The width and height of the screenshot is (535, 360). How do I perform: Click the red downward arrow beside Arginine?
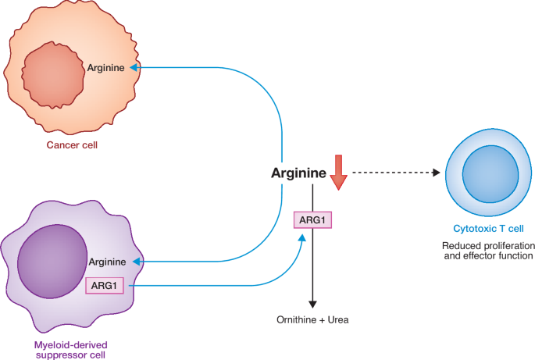click(x=337, y=173)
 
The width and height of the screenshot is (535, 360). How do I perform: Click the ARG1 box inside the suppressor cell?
click(x=105, y=286)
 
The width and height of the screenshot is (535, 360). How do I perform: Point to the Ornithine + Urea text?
click(x=312, y=320)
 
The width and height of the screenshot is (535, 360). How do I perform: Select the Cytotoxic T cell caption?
click(x=488, y=229)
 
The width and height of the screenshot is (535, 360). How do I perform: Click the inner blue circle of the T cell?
click(x=487, y=174)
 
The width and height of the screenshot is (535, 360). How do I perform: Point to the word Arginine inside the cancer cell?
click(x=106, y=68)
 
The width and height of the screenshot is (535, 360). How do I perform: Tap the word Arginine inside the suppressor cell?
click(x=108, y=262)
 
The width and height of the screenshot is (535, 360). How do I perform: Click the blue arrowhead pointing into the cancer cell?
click(x=134, y=68)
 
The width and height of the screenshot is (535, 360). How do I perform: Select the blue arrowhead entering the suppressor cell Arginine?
click(x=136, y=262)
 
